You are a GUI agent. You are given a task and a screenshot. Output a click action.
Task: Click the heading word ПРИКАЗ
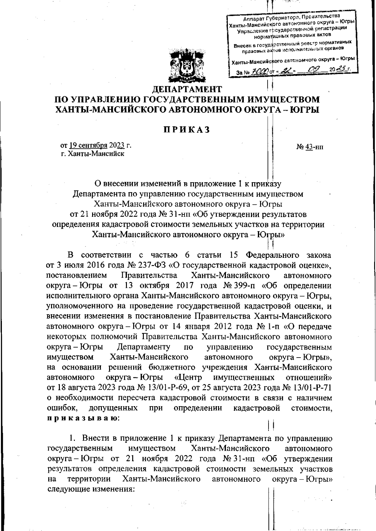(x=187, y=130)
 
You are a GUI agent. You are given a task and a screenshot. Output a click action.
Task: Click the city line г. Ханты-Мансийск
(x=93, y=154)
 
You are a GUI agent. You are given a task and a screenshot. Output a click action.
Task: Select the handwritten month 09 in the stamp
(x=314, y=72)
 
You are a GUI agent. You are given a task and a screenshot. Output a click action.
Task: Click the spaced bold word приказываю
(x=82, y=418)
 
